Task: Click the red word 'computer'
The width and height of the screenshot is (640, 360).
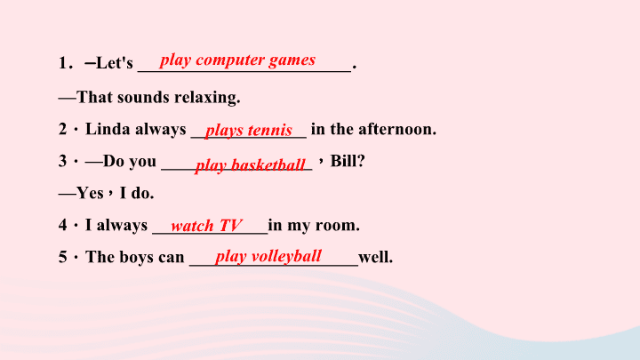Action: (230, 60)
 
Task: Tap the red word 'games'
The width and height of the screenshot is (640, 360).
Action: (292, 60)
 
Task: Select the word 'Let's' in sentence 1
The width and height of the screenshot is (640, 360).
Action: (115, 63)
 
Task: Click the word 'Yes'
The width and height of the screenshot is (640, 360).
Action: (90, 193)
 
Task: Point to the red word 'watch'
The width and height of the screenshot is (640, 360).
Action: (192, 226)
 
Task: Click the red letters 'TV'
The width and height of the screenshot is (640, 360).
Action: (230, 226)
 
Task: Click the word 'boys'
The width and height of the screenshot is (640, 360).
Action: (136, 257)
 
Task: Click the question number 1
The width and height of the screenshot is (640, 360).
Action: (62, 63)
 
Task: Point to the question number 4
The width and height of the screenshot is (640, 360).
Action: (62, 225)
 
